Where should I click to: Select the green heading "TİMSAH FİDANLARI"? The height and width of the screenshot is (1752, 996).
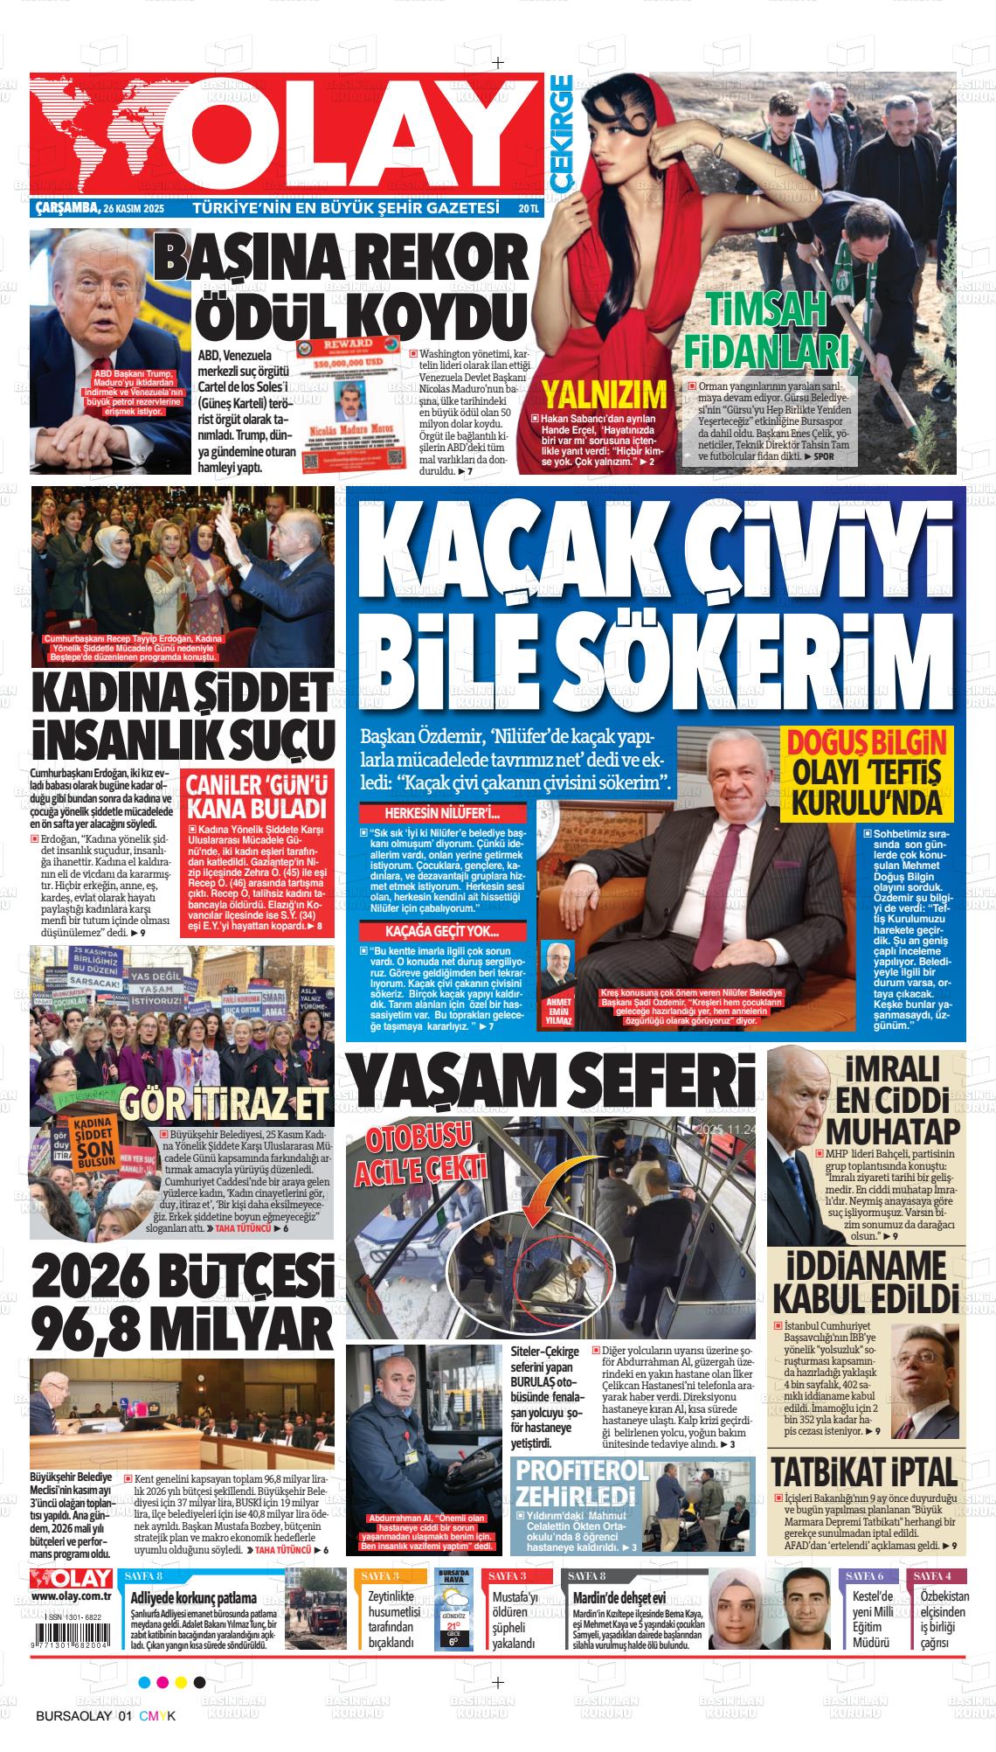click(765, 332)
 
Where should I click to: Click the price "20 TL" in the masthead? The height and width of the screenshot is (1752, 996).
click(529, 210)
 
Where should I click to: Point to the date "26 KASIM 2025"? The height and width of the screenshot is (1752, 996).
click(133, 210)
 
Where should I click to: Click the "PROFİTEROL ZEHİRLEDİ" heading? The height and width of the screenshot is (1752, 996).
click(578, 1480)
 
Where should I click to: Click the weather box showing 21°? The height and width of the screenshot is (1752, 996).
click(454, 1611)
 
